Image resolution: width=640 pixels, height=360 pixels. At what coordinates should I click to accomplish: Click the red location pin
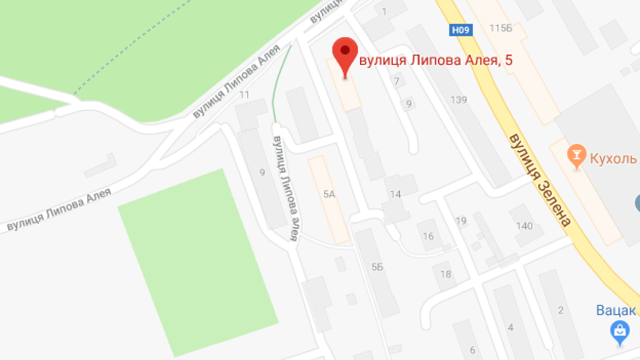[x=345, y=52]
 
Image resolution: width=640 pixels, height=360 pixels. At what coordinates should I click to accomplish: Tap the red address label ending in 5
[x=436, y=60]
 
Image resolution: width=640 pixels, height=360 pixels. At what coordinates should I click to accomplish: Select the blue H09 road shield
[x=460, y=30]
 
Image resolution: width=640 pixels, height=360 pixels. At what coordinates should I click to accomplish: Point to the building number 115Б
[x=500, y=28]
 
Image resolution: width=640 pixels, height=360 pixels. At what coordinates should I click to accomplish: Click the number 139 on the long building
[x=458, y=100]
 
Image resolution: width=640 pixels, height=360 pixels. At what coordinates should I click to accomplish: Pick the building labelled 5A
[x=328, y=195]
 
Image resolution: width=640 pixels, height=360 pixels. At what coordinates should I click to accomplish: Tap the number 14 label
[x=395, y=194]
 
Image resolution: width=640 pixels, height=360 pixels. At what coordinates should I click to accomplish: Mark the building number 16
[x=428, y=236]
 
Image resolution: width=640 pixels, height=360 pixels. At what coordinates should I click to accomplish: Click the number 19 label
[x=460, y=221]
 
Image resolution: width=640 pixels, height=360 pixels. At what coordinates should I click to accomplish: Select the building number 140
[x=524, y=226]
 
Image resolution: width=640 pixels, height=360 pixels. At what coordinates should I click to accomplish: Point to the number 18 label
[x=445, y=274]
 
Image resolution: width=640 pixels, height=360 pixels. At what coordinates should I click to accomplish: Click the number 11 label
[x=244, y=94]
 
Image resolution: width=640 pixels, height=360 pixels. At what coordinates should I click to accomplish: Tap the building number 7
[x=397, y=81]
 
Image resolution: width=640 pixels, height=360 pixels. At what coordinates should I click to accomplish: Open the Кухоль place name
[x=613, y=159]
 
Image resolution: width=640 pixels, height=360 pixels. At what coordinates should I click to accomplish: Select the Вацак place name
[x=616, y=310]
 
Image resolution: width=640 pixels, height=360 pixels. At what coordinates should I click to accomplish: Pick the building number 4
[x=510, y=328]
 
